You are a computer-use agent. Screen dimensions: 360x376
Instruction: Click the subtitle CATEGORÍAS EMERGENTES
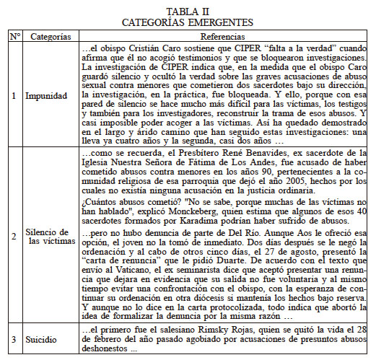tap(188, 22)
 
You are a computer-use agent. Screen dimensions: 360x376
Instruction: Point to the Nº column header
tap(13, 35)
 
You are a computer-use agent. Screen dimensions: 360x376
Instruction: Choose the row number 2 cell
tap(13, 236)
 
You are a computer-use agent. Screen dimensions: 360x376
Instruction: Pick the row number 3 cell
tap(13, 338)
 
